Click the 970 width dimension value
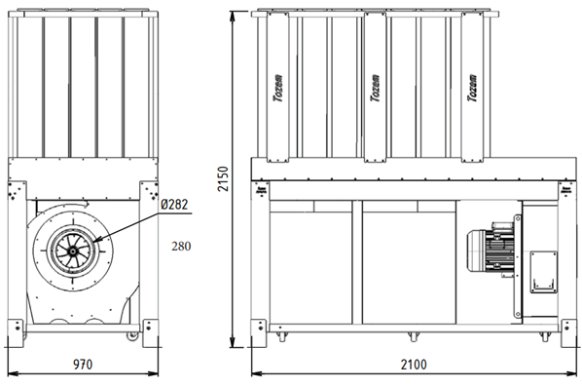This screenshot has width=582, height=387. (x=83, y=365)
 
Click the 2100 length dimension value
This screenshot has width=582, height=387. (x=414, y=365)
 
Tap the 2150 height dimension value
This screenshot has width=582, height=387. (x=223, y=178)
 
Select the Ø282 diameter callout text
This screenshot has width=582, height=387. (x=174, y=204)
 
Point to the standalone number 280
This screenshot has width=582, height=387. (x=181, y=246)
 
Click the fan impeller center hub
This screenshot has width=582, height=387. (x=72, y=252)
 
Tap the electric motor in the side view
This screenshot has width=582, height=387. (x=491, y=250)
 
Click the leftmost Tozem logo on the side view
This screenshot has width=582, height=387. (x=278, y=88)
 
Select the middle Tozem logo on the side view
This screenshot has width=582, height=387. (x=376, y=88)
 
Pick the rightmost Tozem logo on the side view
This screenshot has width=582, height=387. (x=472, y=88)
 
